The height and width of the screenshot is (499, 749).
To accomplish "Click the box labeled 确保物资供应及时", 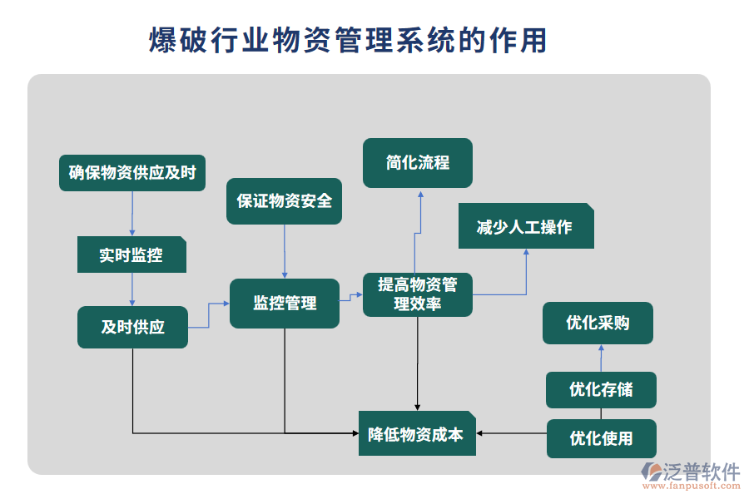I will pyautogui.click(x=133, y=173).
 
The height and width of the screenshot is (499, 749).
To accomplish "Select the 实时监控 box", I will pyautogui.click(x=131, y=255).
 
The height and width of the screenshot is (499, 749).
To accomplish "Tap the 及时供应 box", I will pyautogui.click(x=132, y=327).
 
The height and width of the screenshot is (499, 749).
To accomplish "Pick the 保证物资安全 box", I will pyautogui.click(x=285, y=200).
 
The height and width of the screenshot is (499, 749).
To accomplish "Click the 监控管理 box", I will pyautogui.click(x=285, y=304).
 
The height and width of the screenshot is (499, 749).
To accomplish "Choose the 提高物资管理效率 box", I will pyautogui.click(x=418, y=294).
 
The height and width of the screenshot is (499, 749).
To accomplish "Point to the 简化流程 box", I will pyautogui.click(x=418, y=162).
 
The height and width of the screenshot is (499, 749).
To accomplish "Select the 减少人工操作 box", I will pyautogui.click(x=526, y=226).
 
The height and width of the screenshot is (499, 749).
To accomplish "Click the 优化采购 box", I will pyautogui.click(x=598, y=323).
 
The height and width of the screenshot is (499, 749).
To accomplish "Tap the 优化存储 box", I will pyautogui.click(x=601, y=389).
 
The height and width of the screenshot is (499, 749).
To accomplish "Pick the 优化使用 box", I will pyautogui.click(x=601, y=438).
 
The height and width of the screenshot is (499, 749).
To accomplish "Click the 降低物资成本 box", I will pyautogui.click(x=417, y=433).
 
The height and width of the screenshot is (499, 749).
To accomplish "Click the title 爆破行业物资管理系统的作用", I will pyautogui.click(x=348, y=39).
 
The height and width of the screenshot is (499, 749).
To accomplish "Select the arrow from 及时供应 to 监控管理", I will pyautogui.click(x=208, y=315).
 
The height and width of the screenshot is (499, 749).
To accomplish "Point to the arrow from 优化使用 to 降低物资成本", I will pyautogui.click(x=511, y=433).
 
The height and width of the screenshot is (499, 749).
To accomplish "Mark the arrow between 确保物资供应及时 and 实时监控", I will pyautogui.click(x=131, y=213).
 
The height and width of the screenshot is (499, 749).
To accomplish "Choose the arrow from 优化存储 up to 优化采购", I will pyautogui.click(x=600, y=358).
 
